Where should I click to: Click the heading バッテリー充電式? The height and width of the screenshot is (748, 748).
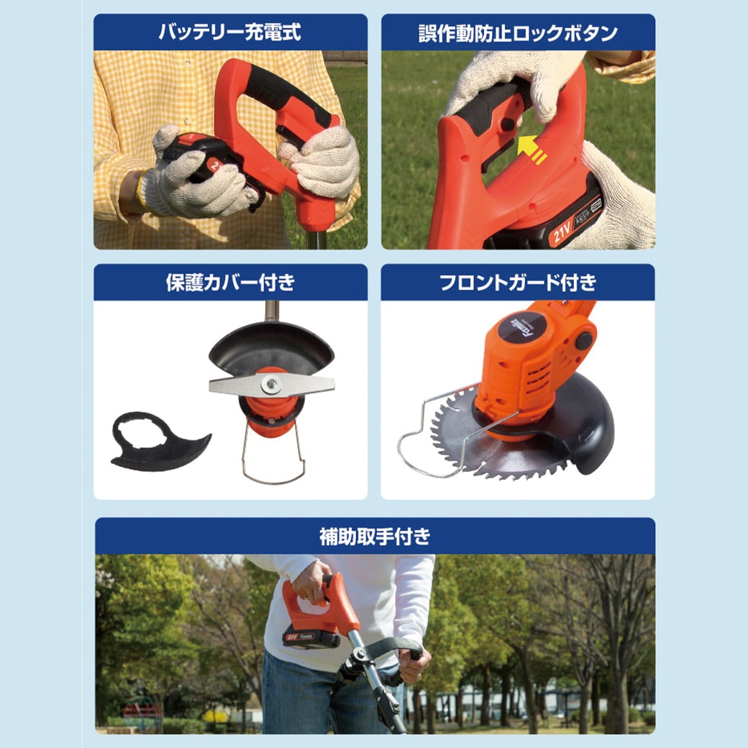tap(229, 32)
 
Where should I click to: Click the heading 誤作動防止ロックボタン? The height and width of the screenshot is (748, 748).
tap(518, 32)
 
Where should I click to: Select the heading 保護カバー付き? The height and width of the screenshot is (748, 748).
tap(230, 283)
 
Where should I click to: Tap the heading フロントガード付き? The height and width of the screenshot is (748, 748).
tap(518, 283)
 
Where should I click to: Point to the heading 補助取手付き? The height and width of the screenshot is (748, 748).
tap(375, 536)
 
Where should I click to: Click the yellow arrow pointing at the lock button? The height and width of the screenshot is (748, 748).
tap(532, 149)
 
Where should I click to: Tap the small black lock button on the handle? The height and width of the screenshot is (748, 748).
tap(508, 124)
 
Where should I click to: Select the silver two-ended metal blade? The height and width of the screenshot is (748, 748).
tap(271, 386)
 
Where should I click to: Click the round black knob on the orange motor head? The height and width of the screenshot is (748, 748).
tap(583, 340)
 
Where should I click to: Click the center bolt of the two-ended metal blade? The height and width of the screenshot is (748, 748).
tap(271, 386)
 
